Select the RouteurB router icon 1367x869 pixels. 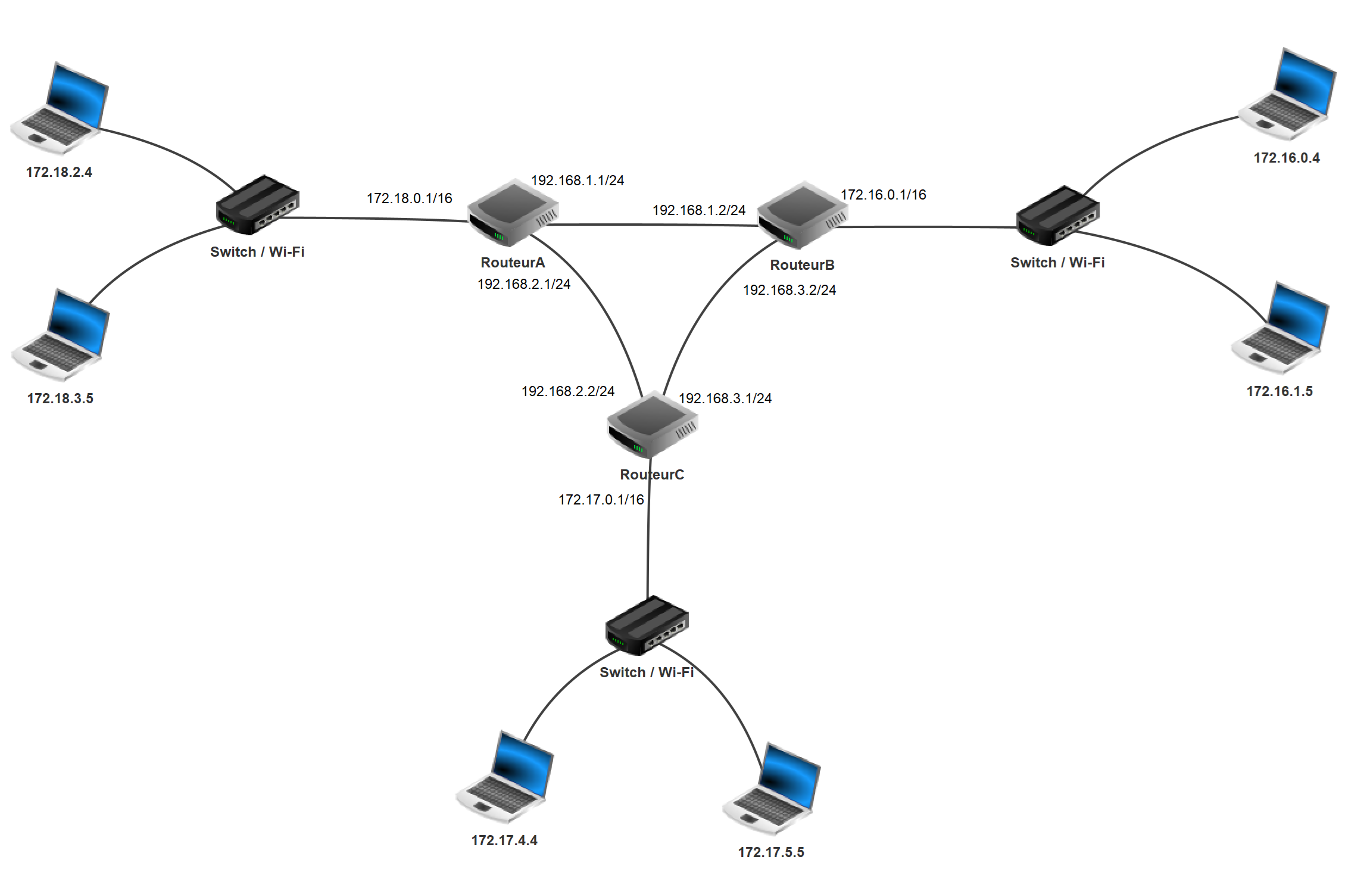803,216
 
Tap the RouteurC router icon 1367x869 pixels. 652,425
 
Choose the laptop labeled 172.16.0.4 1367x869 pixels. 1287,94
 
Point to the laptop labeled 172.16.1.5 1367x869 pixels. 1280,327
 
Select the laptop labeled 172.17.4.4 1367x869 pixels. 505,776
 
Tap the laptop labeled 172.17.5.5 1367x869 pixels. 772,788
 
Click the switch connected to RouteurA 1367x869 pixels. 257,205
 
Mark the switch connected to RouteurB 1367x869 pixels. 1057,215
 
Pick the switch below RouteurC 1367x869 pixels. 647,625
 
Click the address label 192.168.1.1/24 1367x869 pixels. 578,180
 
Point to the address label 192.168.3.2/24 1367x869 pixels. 789,290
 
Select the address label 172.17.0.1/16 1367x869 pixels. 601,500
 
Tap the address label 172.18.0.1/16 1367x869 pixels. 410,198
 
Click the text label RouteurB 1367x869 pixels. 802,265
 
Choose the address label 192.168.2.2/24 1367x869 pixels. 568,391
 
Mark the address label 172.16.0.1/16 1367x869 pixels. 884,195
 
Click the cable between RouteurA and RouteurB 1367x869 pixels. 655,225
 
